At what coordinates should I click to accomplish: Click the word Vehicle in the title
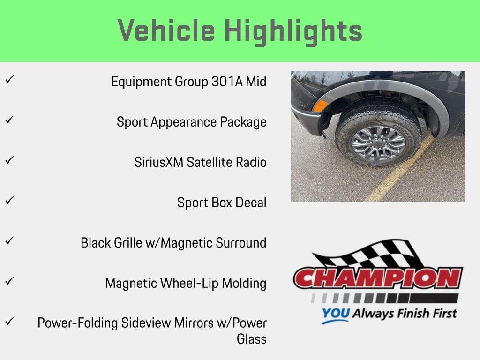(x=166, y=31)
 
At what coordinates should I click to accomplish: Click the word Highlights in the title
(x=293, y=31)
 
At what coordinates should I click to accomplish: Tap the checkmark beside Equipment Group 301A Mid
(x=8, y=80)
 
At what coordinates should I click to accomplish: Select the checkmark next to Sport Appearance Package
(x=8, y=120)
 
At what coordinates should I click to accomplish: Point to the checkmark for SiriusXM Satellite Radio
(x=8, y=160)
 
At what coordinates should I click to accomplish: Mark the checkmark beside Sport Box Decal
(x=8, y=201)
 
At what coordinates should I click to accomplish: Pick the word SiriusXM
(x=159, y=162)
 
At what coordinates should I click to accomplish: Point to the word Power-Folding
(x=77, y=323)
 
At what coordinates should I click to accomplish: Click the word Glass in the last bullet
(x=251, y=339)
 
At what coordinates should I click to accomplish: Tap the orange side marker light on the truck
(x=320, y=105)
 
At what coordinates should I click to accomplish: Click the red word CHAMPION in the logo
(x=377, y=278)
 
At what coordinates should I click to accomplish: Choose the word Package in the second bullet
(x=243, y=122)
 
